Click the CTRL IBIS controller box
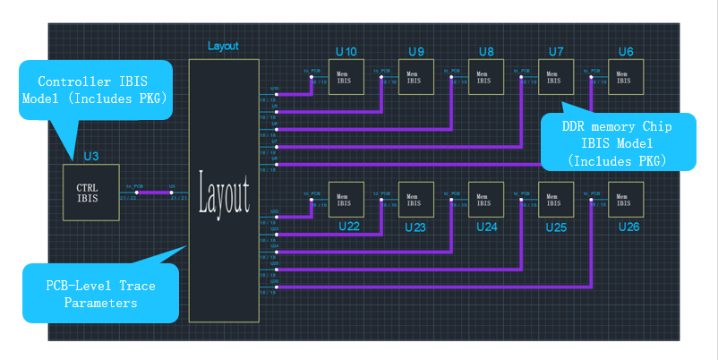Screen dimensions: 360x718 pyautogui.click(x=88, y=192)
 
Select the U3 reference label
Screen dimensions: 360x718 pyautogui.click(x=90, y=157)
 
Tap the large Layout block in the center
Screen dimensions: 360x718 pyautogui.click(x=224, y=191)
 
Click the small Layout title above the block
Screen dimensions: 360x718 pyautogui.click(x=223, y=46)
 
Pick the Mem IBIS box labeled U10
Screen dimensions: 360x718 pyautogui.click(x=346, y=77)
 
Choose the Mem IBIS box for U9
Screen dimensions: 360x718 pyautogui.click(x=415, y=77)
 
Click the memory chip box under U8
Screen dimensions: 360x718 pyautogui.click(x=483, y=77)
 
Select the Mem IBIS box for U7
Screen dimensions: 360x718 pyautogui.click(x=554, y=77)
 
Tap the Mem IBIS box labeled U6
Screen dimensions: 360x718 pyautogui.click(x=625, y=77)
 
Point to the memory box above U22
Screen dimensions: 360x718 pyautogui.click(x=346, y=200)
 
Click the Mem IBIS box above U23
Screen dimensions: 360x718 pyautogui.click(x=415, y=200)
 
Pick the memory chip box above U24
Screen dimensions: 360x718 pyautogui.click(x=484, y=200)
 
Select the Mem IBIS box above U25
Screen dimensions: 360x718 pyautogui.click(x=554, y=200)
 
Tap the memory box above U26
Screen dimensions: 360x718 pyautogui.click(x=625, y=200)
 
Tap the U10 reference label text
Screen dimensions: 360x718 pyautogui.click(x=346, y=51)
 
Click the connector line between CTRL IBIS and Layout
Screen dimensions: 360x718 pyautogui.click(x=151, y=193)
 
